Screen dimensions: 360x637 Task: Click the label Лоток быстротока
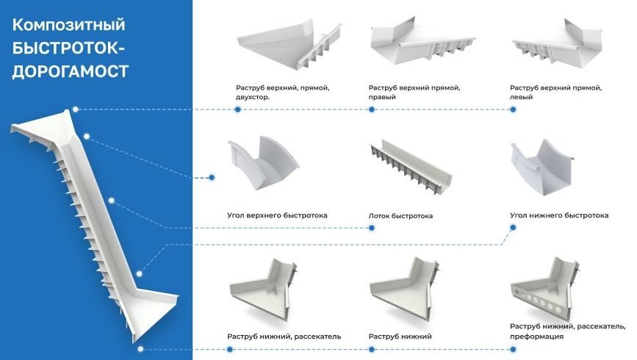400,216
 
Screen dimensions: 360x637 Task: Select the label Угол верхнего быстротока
277,215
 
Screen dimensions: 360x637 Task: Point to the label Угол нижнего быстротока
559,215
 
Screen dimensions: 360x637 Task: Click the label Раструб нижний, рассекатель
284,336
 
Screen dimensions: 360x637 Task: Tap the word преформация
536,336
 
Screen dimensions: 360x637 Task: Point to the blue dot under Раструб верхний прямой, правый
372,109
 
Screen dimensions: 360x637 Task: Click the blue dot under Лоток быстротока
372,228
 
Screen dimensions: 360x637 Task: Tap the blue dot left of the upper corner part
212,177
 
